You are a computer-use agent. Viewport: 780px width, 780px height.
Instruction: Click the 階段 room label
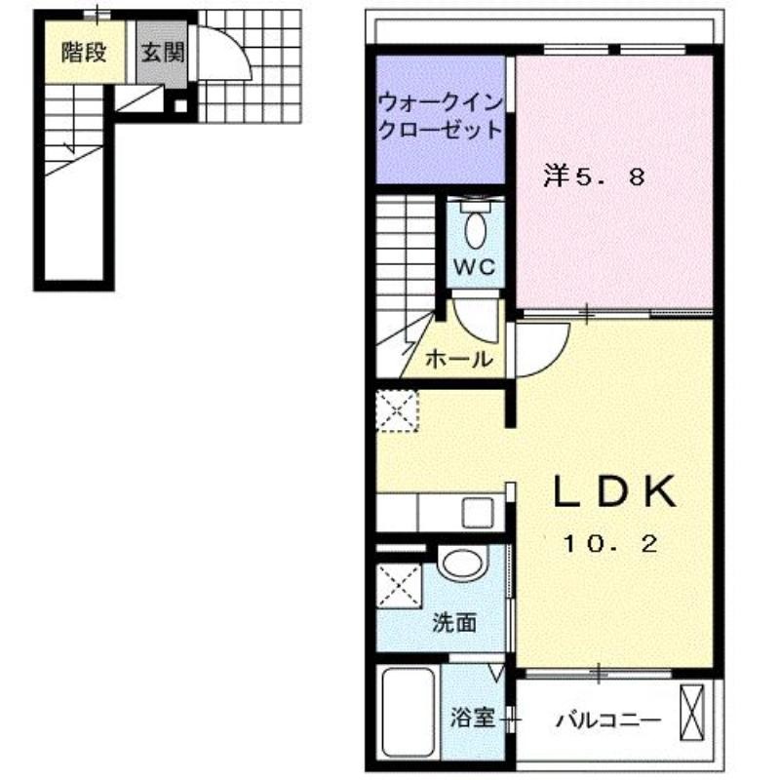(x=84, y=53)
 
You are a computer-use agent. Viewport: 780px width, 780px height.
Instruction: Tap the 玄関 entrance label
(x=162, y=53)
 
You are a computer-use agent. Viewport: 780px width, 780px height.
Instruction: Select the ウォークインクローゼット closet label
(x=440, y=116)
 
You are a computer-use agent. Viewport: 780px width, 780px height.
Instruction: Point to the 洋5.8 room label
(x=594, y=176)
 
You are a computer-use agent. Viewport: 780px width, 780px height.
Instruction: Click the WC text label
(x=475, y=267)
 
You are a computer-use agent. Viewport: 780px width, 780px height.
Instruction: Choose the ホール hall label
(x=458, y=358)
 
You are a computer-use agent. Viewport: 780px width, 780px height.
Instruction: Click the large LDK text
(x=615, y=491)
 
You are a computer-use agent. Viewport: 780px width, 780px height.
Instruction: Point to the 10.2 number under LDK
(x=610, y=544)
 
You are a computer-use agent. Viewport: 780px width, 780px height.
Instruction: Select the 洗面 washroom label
(x=453, y=623)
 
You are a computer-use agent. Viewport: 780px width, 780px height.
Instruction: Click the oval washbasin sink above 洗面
(x=462, y=565)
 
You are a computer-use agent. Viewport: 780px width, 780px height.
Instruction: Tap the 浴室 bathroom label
(x=472, y=718)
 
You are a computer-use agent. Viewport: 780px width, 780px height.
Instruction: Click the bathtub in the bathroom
(x=408, y=713)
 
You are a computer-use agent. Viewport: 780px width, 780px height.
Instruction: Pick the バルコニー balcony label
(x=608, y=720)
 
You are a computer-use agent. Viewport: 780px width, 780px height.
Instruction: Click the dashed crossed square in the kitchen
(x=397, y=410)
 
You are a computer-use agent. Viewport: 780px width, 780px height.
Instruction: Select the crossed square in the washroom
(x=399, y=586)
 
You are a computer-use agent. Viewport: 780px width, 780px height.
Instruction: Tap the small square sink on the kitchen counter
(x=477, y=513)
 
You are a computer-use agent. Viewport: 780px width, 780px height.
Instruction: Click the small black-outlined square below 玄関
(x=181, y=106)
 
